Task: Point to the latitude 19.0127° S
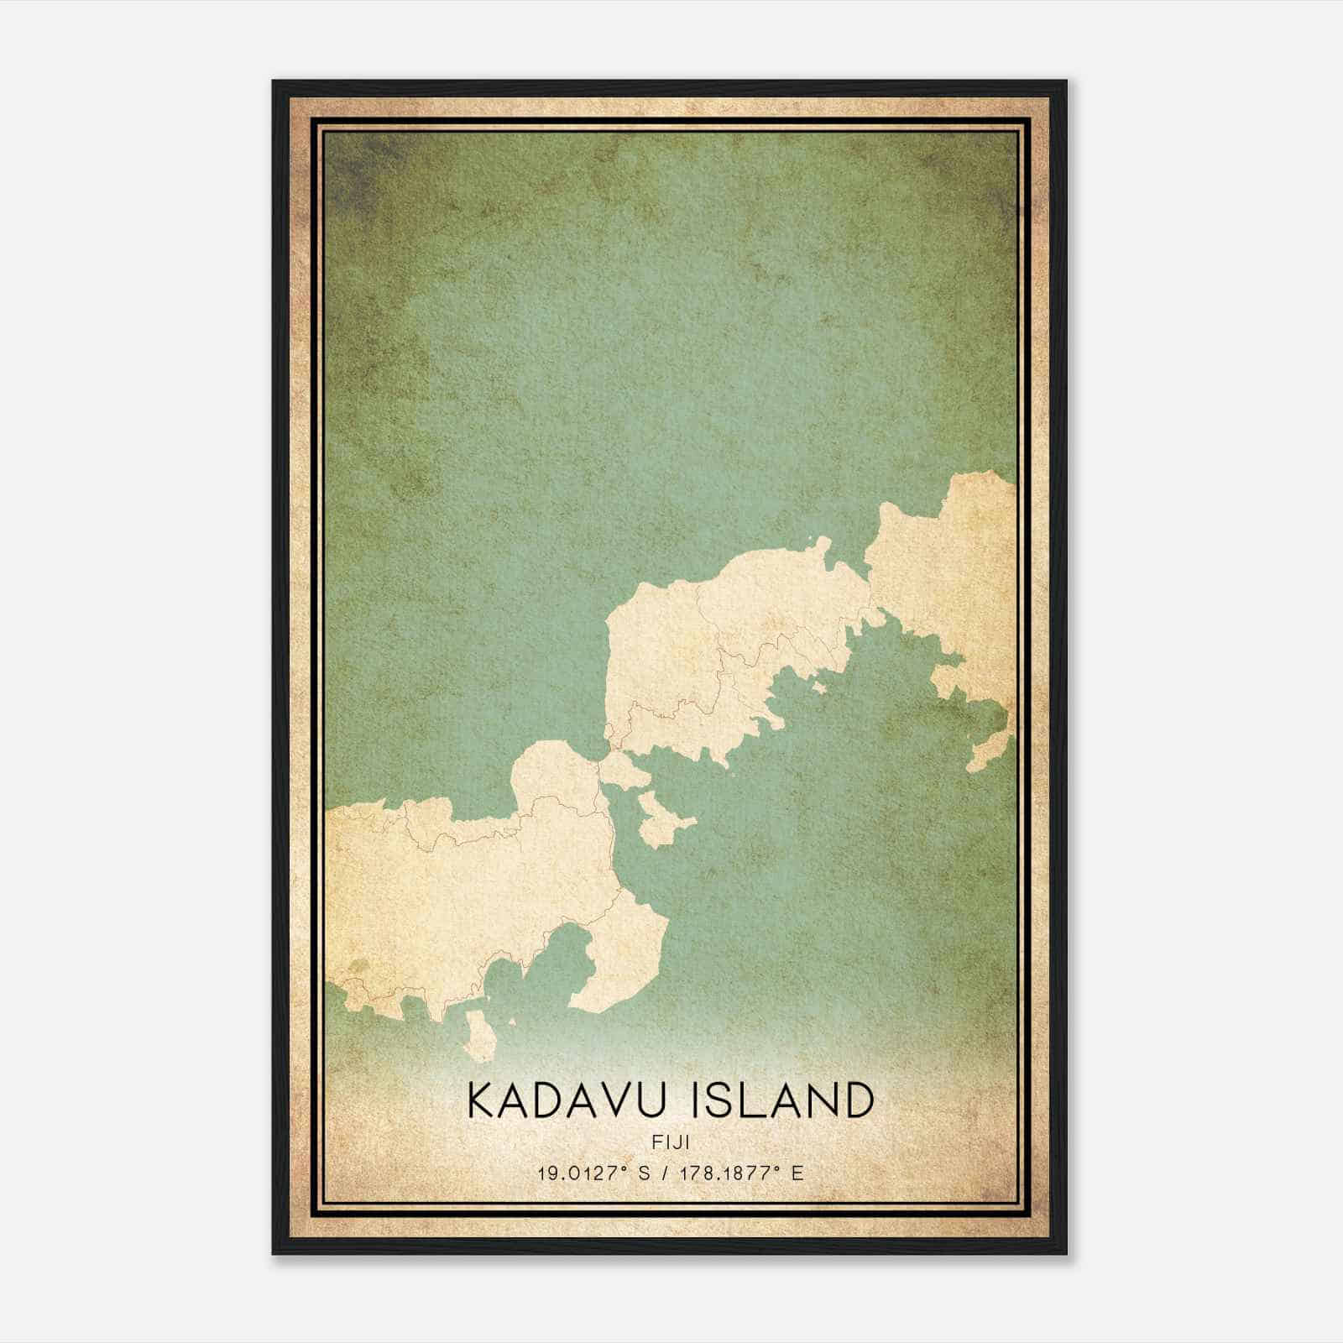(x=594, y=1173)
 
